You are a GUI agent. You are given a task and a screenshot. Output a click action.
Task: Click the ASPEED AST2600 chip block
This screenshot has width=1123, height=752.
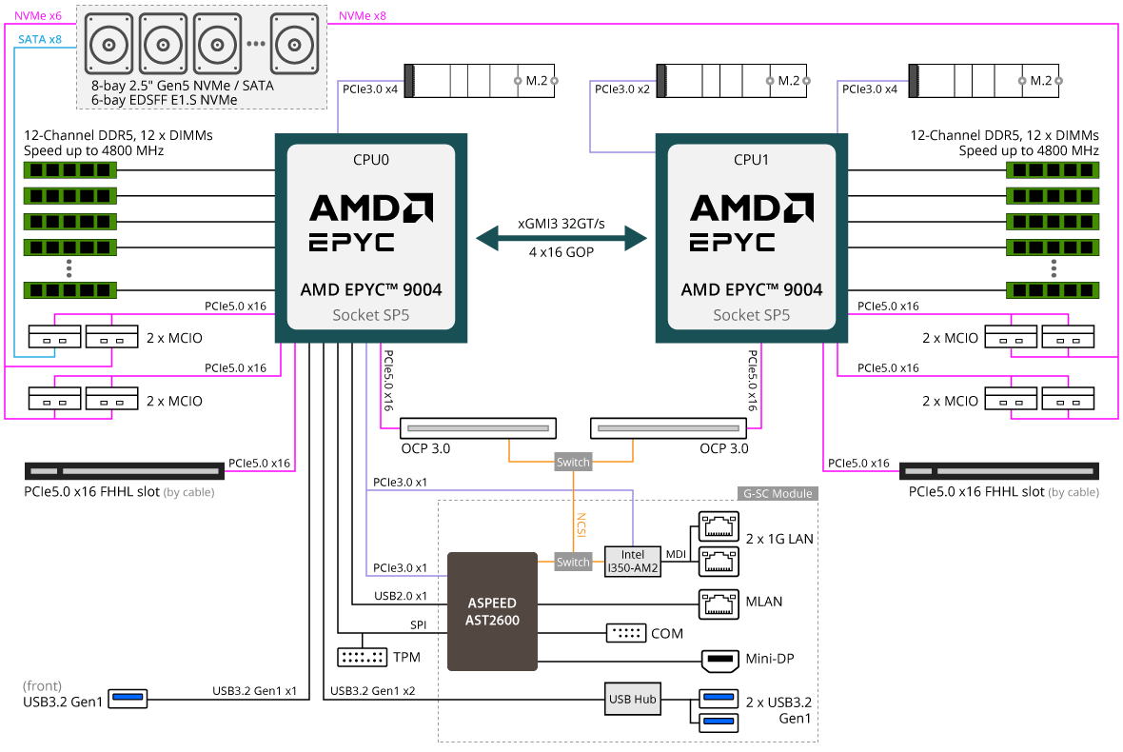[492, 610]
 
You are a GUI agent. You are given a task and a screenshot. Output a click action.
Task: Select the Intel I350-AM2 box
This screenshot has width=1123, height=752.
[632, 562]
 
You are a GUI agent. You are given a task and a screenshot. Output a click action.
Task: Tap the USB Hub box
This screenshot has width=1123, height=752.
[632, 700]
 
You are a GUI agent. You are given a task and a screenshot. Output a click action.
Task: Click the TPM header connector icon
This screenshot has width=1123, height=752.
[362, 657]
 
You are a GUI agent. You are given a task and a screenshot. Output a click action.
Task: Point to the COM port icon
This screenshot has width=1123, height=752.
[625, 633]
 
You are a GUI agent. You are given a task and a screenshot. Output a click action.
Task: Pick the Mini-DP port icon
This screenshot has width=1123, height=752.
[719, 659]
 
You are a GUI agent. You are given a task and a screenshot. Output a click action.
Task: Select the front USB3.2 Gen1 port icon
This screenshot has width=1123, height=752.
[128, 700]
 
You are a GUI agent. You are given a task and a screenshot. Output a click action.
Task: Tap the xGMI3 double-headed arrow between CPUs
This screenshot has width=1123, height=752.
[561, 237]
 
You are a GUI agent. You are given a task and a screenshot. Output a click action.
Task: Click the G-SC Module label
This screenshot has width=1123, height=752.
[777, 493]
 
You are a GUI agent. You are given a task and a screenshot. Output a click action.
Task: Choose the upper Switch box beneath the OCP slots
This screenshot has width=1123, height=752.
[573, 463]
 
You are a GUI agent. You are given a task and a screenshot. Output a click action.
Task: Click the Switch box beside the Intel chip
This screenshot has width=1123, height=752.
[573, 562]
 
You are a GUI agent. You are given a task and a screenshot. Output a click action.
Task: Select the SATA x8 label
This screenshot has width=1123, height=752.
[40, 40]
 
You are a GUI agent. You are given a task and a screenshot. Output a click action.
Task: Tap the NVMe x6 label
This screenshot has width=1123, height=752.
[40, 16]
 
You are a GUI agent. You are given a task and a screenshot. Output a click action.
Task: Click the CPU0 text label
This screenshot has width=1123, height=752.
[370, 159]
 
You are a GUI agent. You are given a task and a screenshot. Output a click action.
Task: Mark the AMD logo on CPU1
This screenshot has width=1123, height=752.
[751, 208]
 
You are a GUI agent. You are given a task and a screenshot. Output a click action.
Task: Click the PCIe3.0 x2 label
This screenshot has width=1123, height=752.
[622, 89]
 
